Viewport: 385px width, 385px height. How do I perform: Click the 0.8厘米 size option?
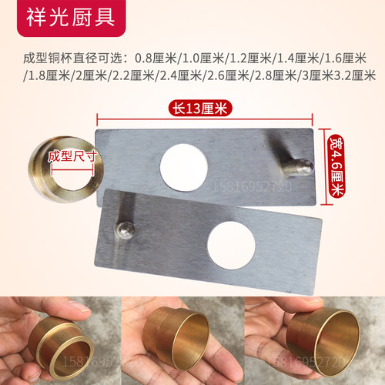tap(156, 58)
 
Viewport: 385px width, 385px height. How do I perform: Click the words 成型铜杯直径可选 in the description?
tap(79, 58)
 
